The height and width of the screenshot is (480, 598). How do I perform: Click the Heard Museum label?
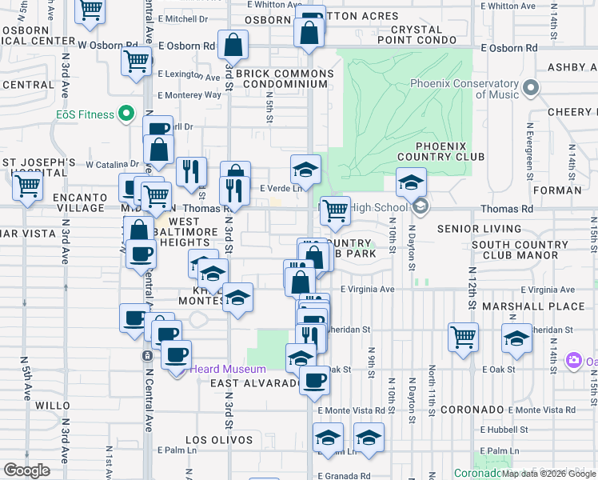[x=229, y=369]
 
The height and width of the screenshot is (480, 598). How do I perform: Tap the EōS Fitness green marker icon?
[x=126, y=114]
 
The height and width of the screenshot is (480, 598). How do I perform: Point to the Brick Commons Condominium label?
[x=289, y=78]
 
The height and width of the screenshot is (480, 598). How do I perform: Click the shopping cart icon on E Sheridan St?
[x=463, y=336]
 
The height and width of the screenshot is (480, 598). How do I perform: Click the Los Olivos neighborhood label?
[x=213, y=440]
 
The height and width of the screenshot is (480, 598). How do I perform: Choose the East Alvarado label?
[x=255, y=383]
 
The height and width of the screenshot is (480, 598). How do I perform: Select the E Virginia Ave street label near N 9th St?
[x=368, y=290]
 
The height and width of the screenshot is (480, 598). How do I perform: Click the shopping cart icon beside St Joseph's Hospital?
[x=28, y=186]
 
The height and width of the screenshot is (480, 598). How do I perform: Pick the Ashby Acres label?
[x=570, y=68]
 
